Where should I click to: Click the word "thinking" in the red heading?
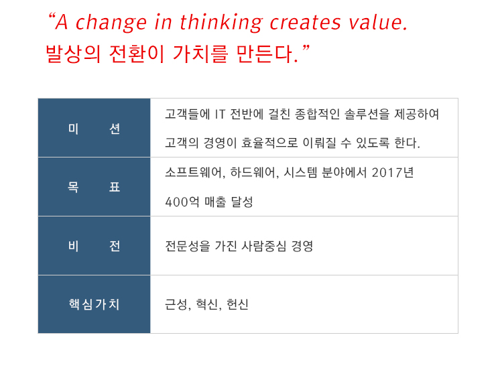222,23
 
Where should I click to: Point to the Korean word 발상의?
73,54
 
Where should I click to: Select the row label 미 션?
94,129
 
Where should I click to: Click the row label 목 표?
94,187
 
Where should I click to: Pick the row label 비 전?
94,246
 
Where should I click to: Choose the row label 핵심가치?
94,304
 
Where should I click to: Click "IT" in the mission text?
221,115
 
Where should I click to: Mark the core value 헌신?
238,305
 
